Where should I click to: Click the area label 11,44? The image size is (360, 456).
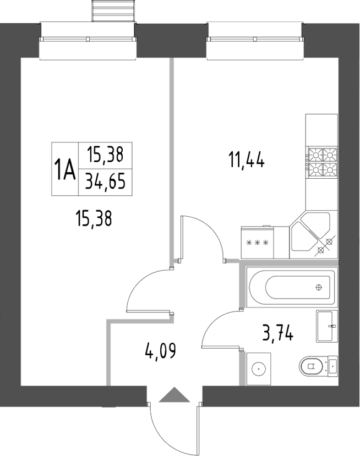247,161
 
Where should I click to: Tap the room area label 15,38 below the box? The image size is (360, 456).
94,219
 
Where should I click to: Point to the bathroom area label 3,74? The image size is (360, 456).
278,333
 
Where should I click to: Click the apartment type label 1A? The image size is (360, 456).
64,168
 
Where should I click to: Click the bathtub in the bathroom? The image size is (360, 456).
290,288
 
